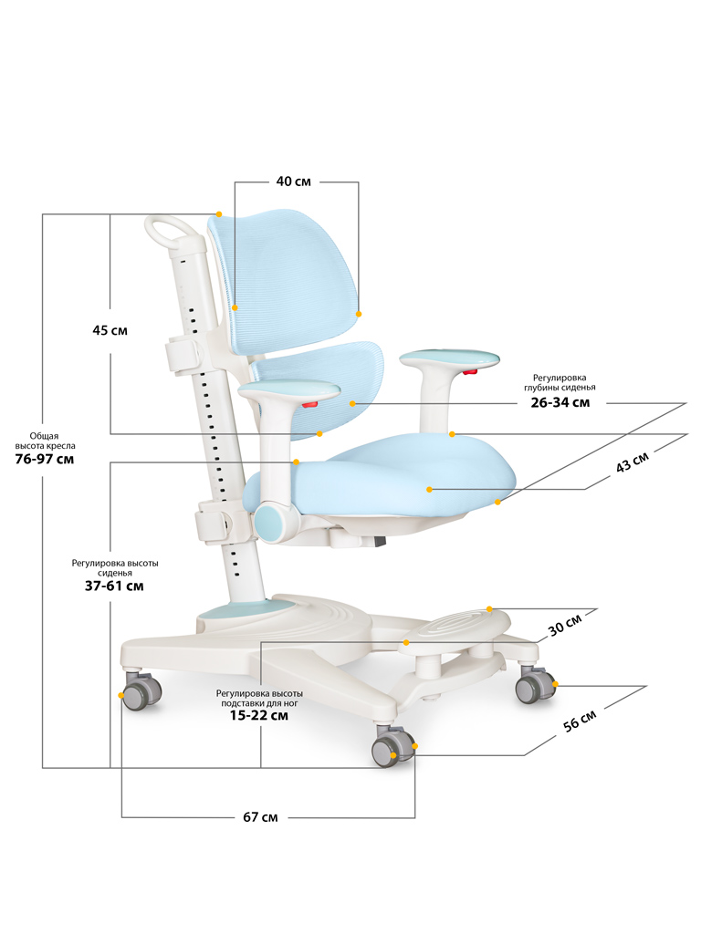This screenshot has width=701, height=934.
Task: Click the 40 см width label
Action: (x=294, y=182)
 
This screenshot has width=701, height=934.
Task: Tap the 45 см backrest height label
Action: (x=110, y=330)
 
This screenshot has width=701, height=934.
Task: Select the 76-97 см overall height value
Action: (x=45, y=459)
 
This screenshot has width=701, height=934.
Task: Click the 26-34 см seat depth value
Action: (x=560, y=401)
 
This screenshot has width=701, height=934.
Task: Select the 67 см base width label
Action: (x=261, y=816)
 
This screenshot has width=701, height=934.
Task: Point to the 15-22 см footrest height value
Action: (x=259, y=716)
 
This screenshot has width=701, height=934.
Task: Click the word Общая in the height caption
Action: (x=43, y=435)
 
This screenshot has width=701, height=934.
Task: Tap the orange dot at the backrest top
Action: (x=218, y=213)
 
